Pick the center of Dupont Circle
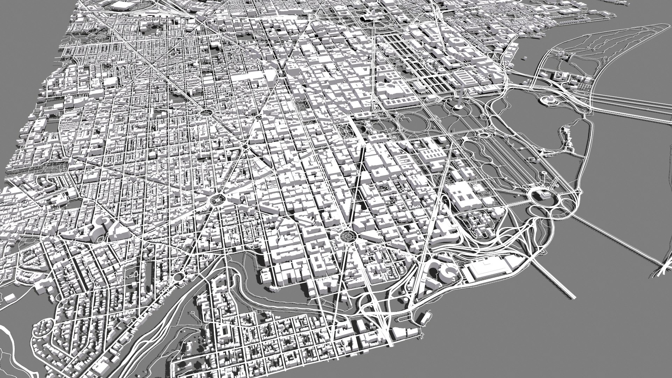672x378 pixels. tap(217, 200)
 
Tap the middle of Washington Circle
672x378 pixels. tap(347, 235)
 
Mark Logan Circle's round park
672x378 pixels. tap(206, 112)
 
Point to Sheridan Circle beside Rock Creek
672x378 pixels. tap(179, 277)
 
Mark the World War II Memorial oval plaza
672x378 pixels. tap(484, 135)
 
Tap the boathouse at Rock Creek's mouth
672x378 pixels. tap(423, 317)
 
